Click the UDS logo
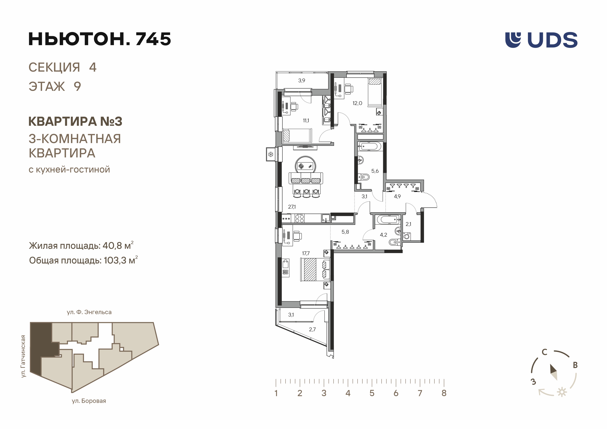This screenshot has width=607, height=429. pos(541,40)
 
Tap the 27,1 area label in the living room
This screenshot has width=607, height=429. pos(292,207)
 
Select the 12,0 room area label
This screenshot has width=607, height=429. pos(357,103)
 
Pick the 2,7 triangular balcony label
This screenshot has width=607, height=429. pos(312,329)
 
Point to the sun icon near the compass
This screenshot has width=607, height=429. pos(562,392)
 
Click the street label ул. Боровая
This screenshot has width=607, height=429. pos(89,401)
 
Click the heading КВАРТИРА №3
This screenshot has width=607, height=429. pos(75,121)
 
